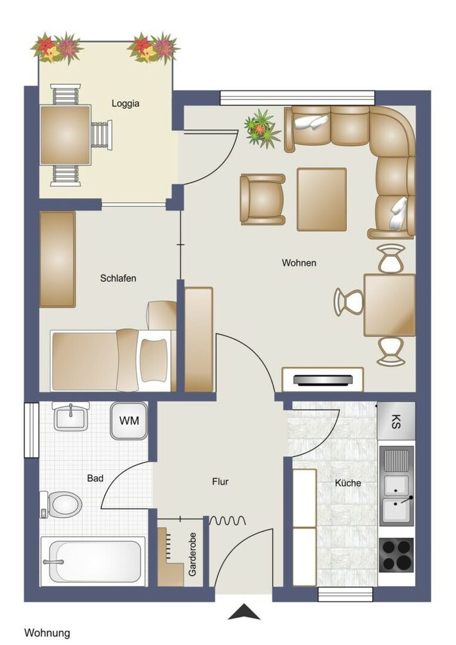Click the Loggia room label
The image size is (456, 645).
pyautogui.click(x=125, y=104)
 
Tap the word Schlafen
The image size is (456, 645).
pyautogui.click(x=118, y=278)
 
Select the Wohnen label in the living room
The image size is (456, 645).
pyautogui.click(x=299, y=263)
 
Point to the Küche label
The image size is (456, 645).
pyautogui.click(x=348, y=483)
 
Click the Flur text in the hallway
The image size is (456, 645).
pyautogui.click(x=220, y=481)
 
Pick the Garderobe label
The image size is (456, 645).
pyautogui.click(x=192, y=554)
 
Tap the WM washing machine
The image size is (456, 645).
pyautogui.click(x=129, y=421)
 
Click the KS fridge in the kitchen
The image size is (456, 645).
pyautogui.click(x=396, y=421)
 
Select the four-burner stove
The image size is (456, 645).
pyautogui.click(x=396, y=555)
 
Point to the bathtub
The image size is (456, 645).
pyautogui.click(x=93, y=561)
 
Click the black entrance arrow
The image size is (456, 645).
pyautogui.click(x=244, y=612)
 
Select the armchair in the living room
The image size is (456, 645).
pyautogui.click(x=263, y=200)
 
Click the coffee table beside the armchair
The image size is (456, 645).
pyautogui.click(x=322, y=200)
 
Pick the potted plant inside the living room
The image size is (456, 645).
pyautogui.click(x=261, y=128)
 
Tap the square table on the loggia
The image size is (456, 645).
pyautogui.click(x=65, y=135)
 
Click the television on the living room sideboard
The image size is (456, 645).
pyautogui.click(x=324, y=380)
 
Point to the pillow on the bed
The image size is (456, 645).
pyautogui.click(x=154, y=360)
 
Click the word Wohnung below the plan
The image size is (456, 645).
pyautogui.click(x=47, y=632)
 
